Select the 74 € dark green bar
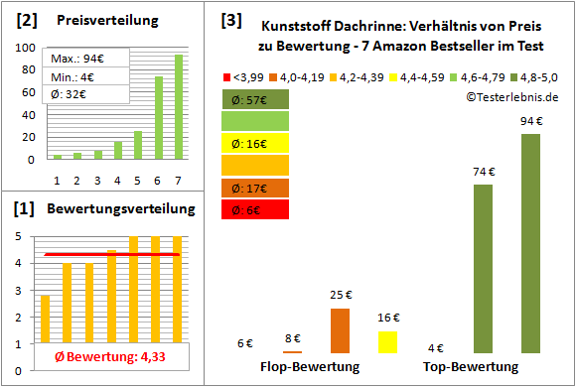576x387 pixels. [x=484, y=268]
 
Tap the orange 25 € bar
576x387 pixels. [x=340, y=330]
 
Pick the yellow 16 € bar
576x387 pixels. [x=387, y=341]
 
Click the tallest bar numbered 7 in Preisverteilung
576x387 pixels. [x=179, y=106]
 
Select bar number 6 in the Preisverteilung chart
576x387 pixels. [x=159, y=117]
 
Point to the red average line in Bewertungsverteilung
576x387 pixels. [x=109, y=255]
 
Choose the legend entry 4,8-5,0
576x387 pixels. [x=537, y=75]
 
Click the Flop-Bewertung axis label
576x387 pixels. [x=310, y=367]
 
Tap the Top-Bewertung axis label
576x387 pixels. [x=471, y=367]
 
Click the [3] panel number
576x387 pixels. [x=231, y=20]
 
